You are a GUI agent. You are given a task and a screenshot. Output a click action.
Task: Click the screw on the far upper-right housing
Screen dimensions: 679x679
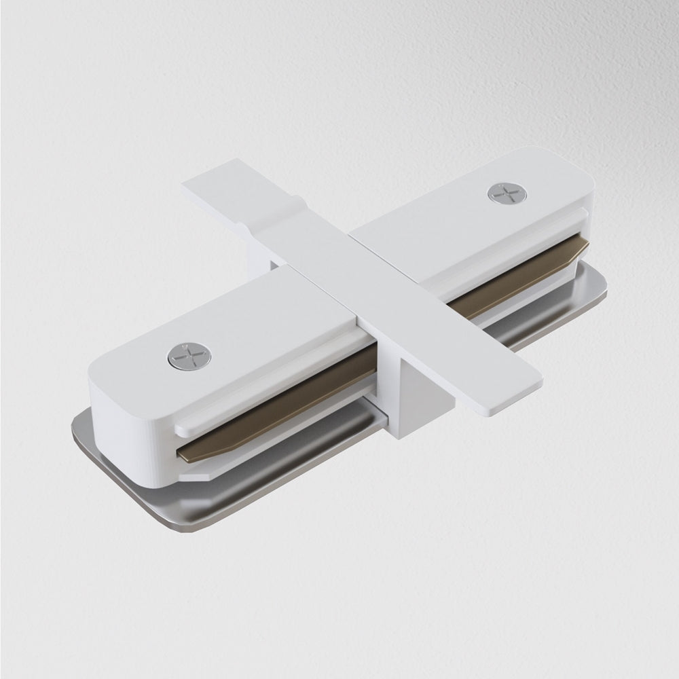507,194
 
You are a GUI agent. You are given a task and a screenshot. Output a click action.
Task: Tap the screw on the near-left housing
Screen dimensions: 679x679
189,356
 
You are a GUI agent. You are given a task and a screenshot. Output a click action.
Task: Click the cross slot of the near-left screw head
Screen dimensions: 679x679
189,356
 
